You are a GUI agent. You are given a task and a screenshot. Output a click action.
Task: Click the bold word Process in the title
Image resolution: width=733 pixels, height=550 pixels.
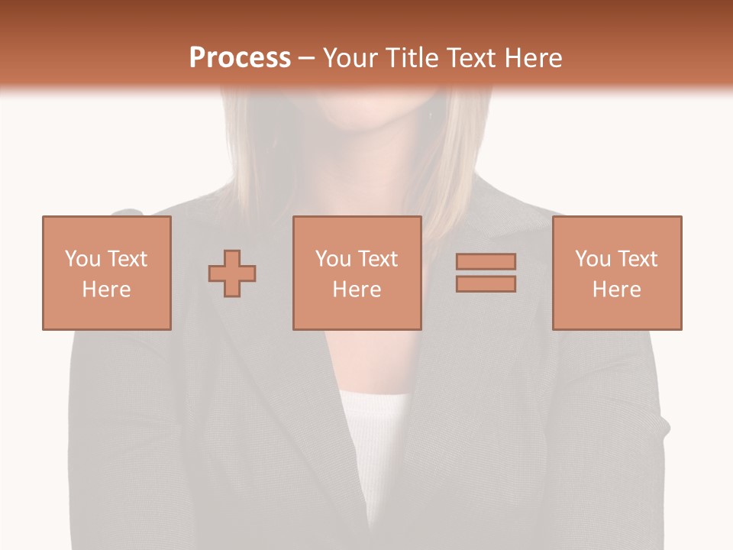(x=240, y=57)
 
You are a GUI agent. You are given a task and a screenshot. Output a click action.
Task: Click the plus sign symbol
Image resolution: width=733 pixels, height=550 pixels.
(x=232, y=273)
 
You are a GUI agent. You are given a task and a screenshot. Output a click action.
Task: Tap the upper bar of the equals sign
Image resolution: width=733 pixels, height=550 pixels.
(x=486, y=261)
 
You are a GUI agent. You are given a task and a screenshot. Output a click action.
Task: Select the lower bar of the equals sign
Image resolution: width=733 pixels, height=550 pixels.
(x=486, y=283)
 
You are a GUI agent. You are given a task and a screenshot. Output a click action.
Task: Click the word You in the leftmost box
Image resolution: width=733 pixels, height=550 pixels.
(x=82, y=259)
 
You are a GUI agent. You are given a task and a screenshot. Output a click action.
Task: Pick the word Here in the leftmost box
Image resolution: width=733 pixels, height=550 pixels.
(x=106, y=290)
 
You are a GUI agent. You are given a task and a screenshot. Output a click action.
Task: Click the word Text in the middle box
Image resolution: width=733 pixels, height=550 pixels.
(x=377, y=259)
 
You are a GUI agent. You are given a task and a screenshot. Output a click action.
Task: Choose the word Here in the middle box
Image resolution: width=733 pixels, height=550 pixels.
(x=357, y=290)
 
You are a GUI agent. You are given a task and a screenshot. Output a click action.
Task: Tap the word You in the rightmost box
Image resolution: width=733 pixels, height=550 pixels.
(x=593, y=259)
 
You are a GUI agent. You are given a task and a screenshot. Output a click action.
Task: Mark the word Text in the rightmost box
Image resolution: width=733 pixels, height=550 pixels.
(x=637, y=259)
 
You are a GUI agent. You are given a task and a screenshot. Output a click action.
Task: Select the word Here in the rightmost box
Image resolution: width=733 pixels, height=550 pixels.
(x=616, y=290)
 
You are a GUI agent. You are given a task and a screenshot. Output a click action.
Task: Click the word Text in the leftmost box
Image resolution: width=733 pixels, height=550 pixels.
(x=127, y=259)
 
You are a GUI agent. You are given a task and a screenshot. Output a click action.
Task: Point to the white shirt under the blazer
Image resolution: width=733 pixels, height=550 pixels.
(x=374, y=428)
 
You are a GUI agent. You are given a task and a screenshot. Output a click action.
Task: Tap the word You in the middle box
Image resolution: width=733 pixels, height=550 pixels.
(x=333, y=259)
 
